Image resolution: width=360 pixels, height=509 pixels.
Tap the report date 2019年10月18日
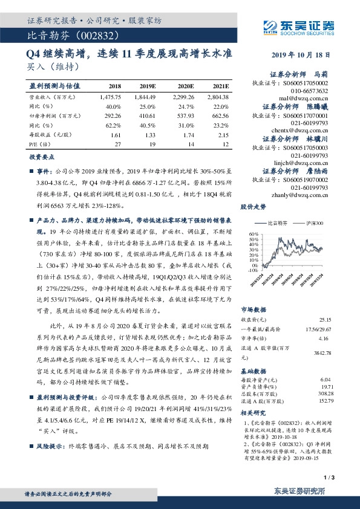tap(306, 54)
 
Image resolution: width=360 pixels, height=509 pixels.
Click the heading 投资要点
tap(42, 157)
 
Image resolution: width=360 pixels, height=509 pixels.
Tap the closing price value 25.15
tap(326, 319)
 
